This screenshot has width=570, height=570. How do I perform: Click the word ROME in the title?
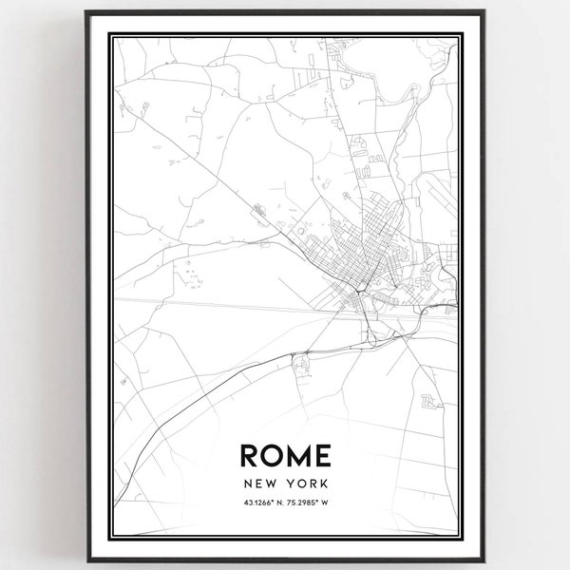click(x=285, y=456)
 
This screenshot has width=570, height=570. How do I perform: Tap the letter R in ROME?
click(x=251, y=456)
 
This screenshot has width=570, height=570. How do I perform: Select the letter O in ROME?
click(x=273, y=456)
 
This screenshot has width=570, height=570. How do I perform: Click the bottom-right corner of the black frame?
click(x=484, y=560)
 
